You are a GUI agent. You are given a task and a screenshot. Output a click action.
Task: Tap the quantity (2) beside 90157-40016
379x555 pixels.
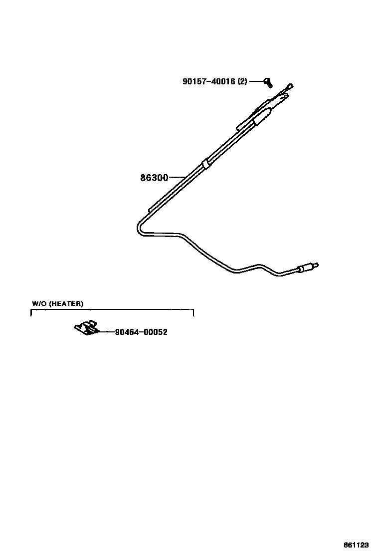tap(242, 82)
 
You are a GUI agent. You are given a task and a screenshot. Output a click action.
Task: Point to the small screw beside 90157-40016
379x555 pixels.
tap(268, 81)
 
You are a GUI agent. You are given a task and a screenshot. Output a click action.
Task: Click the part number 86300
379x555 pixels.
tap(154, 177)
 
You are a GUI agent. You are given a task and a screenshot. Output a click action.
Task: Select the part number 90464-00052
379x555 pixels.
tap(141, 332)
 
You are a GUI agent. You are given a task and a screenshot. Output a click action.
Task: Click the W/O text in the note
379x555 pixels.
tap(39, 303)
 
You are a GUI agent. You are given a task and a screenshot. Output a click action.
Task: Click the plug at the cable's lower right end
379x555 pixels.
tap(307, 268)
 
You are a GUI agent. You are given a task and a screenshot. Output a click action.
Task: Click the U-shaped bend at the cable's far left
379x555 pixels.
tap(138, 228)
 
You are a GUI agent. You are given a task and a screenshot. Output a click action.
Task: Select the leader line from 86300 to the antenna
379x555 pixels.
tap(178, 177)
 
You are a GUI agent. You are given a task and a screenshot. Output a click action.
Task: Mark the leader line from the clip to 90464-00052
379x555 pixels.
tap(106, 332)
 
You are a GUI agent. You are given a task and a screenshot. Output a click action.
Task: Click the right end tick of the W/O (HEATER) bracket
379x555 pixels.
tap(193, 313)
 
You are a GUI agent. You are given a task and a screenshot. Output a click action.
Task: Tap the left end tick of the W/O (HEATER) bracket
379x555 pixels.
tap(31, 313)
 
